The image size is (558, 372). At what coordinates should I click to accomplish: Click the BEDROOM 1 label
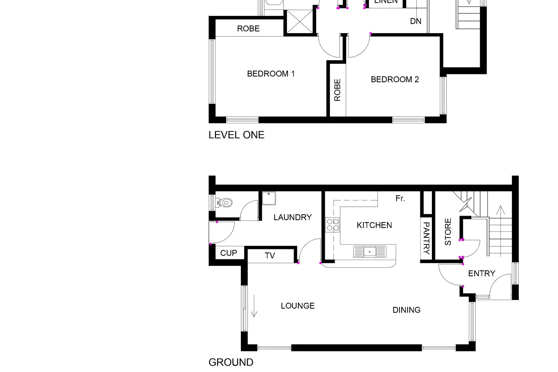coord(271,74)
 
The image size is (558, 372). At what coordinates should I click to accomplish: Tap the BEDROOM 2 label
coord(395,80)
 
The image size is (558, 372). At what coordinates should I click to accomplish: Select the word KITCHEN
coord(374,225)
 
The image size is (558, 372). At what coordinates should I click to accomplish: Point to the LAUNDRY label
coord(292,217)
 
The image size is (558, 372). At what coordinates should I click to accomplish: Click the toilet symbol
coord(225,203)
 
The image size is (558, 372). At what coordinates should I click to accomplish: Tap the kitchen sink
coord(370,251)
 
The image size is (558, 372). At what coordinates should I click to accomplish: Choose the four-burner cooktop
coord(333,225)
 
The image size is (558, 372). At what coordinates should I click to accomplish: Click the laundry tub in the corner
coord(269,198)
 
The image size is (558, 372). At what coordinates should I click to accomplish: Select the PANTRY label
coord(426,238)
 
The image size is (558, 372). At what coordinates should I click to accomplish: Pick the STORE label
coord(448,232)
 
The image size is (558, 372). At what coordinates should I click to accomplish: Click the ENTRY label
coord(482,273)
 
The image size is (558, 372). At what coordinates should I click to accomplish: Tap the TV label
coord(270,256)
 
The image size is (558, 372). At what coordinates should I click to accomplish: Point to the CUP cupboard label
coord(228,253)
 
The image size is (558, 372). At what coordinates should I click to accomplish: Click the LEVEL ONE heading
coord(236,135)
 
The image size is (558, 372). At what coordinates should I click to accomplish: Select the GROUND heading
coord(231,362)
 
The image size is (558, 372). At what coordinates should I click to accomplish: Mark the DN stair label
coord(416,21)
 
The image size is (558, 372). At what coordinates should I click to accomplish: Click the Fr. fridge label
coord(400,198)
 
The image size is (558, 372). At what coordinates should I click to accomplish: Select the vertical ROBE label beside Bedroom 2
coord(337,90)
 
